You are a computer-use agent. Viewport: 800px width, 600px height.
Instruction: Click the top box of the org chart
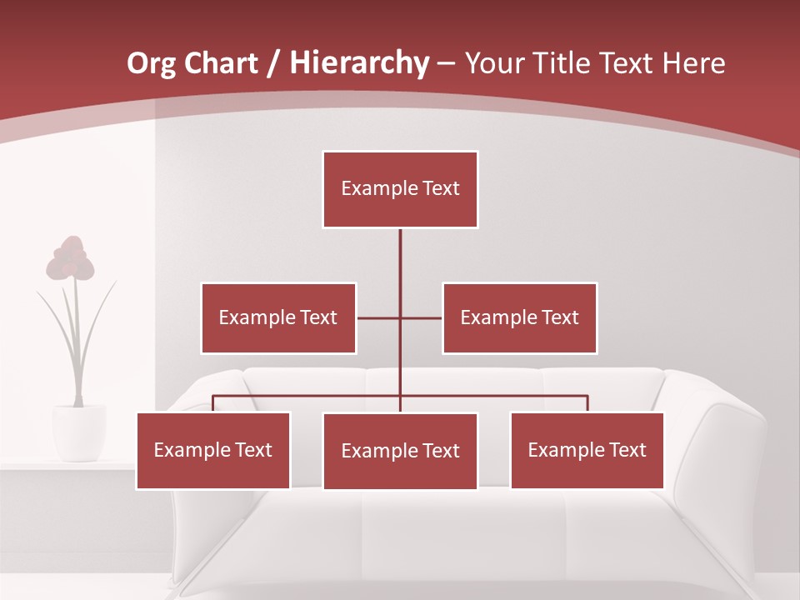400,189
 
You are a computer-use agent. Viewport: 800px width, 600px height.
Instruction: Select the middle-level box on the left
278,318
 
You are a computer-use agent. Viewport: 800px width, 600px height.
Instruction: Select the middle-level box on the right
519,318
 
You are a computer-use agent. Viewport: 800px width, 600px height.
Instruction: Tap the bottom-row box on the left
213,451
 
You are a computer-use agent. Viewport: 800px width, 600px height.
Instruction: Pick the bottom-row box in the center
400,452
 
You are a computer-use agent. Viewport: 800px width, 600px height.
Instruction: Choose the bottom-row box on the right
587,451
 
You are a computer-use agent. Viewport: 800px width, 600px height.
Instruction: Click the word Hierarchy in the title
359,62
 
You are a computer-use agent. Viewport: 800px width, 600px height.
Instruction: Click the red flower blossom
70,258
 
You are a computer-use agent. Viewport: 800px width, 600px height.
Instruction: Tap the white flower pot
79,432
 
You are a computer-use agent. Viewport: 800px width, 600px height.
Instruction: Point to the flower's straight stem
77,342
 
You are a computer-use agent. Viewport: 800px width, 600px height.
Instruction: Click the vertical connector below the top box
400,267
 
